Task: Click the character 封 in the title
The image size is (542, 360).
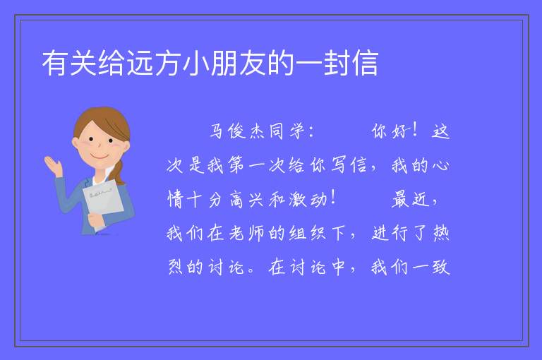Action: click(x=337, y=64)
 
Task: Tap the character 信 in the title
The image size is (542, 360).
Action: click(x=365, y=64)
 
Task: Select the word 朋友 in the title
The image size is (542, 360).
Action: click(x=238, y=64)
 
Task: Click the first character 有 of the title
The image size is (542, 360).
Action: click(x=55, y=64)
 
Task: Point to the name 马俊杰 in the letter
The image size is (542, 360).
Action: click(x=237, y=131)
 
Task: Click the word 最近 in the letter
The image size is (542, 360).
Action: click(x=410, y=200)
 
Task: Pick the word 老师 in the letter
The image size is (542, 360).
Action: click(x=247, y=234)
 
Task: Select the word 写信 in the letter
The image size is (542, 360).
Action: click(x=349, y=165)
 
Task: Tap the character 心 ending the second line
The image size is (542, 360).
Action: click(x=440, y=165)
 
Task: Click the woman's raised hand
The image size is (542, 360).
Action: click(x=53, y=165)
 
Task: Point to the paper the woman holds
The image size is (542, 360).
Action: click(x=103, y=202)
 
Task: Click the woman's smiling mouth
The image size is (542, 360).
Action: click(x=100, y=157)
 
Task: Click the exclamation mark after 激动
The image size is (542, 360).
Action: click(x=333, y=199)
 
